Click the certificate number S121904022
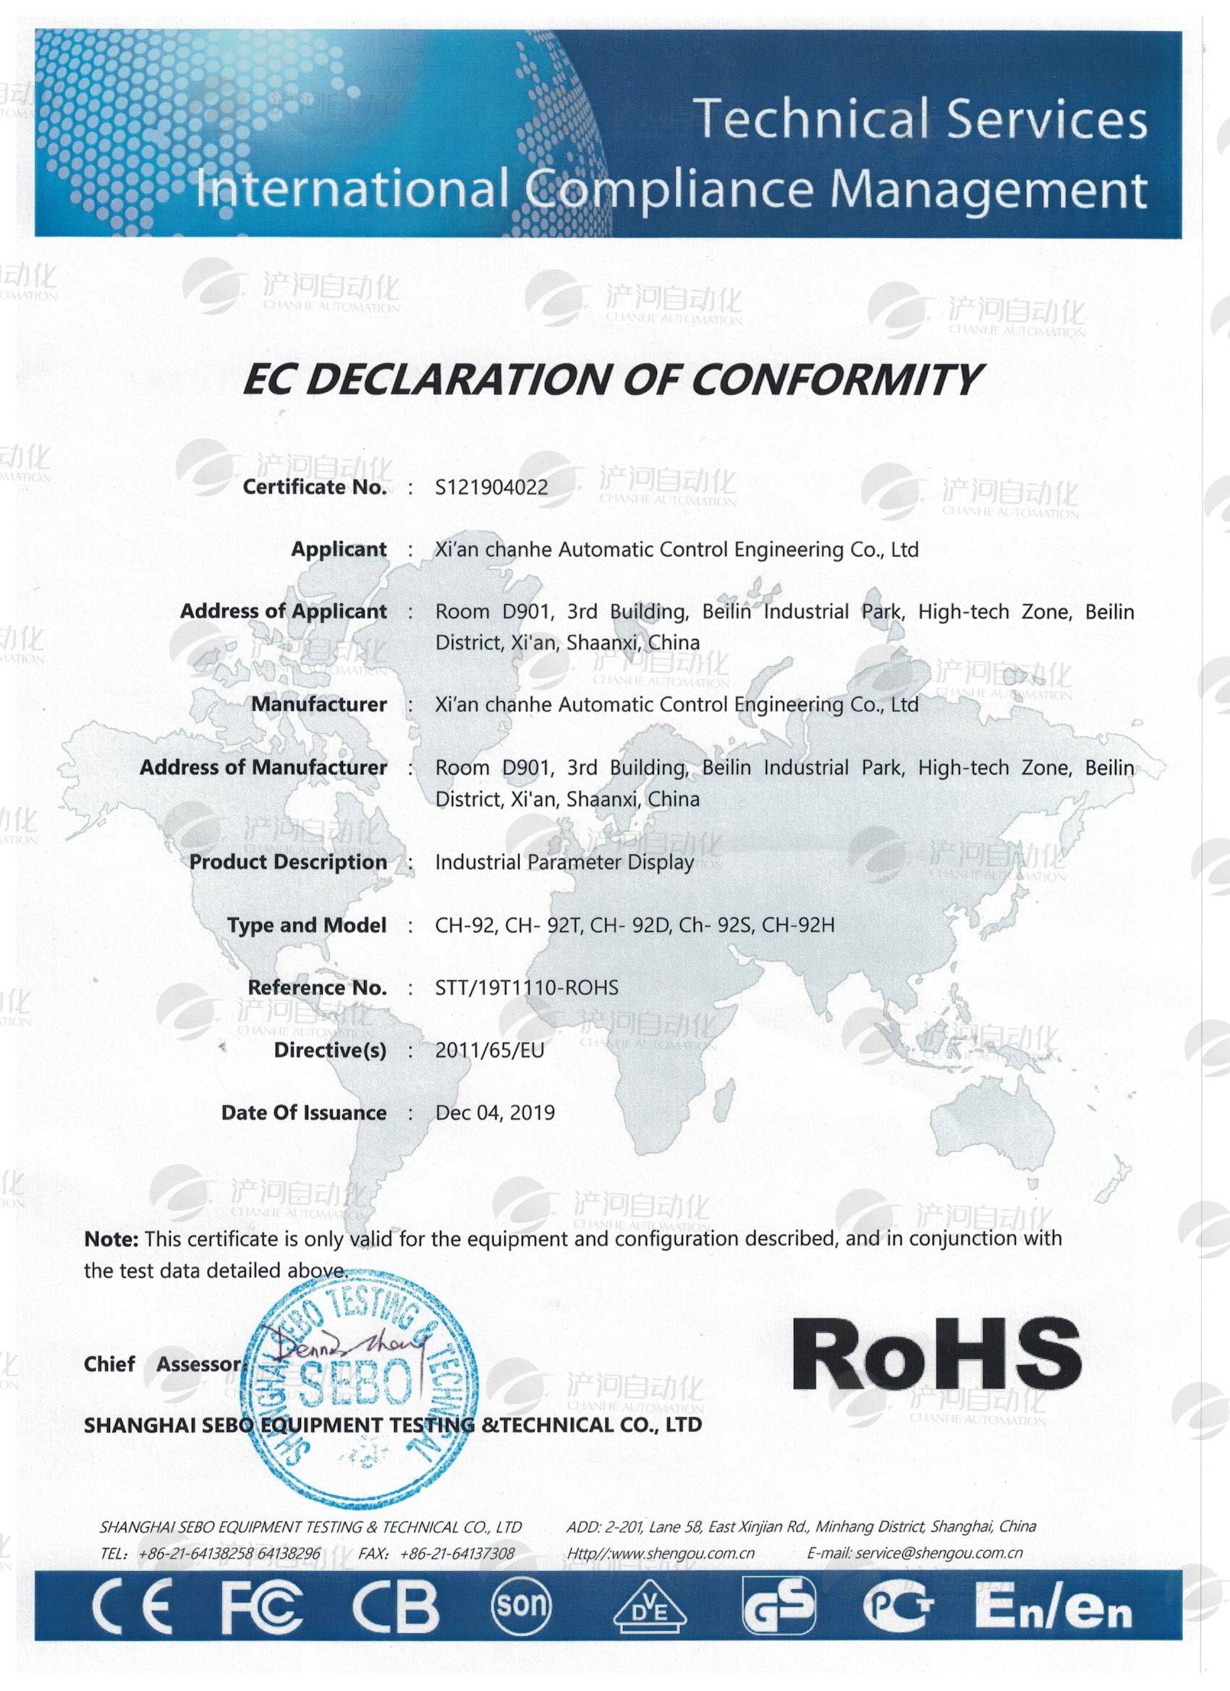[491, 487]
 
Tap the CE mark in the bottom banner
[132, 1605]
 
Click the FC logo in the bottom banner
[262, 1605]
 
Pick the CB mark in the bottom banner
[395, 1605]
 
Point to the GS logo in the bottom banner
[778, 1605]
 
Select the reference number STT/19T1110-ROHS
[527, 988]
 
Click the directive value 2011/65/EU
[489, 1050]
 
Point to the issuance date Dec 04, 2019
[495, 1113]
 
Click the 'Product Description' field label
[288, 862]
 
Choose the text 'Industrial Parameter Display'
[564, 863]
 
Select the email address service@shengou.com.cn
[938, 1553]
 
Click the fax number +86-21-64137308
[457, 1554]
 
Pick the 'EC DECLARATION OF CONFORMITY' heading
[611, 380]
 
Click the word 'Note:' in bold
[111, 1239]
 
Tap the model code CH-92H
[797, 925]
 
